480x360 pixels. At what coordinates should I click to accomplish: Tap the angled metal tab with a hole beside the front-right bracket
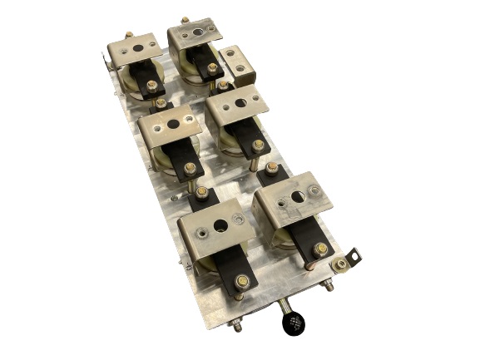(x=356, y=251)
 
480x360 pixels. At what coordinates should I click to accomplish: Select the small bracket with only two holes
(x=239, y=64)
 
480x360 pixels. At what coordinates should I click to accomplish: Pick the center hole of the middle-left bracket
(x=173, y=124)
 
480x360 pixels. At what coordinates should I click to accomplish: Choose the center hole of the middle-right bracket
(x=240, y=105)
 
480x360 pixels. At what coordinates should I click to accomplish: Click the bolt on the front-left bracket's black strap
(x=240, y=281)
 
